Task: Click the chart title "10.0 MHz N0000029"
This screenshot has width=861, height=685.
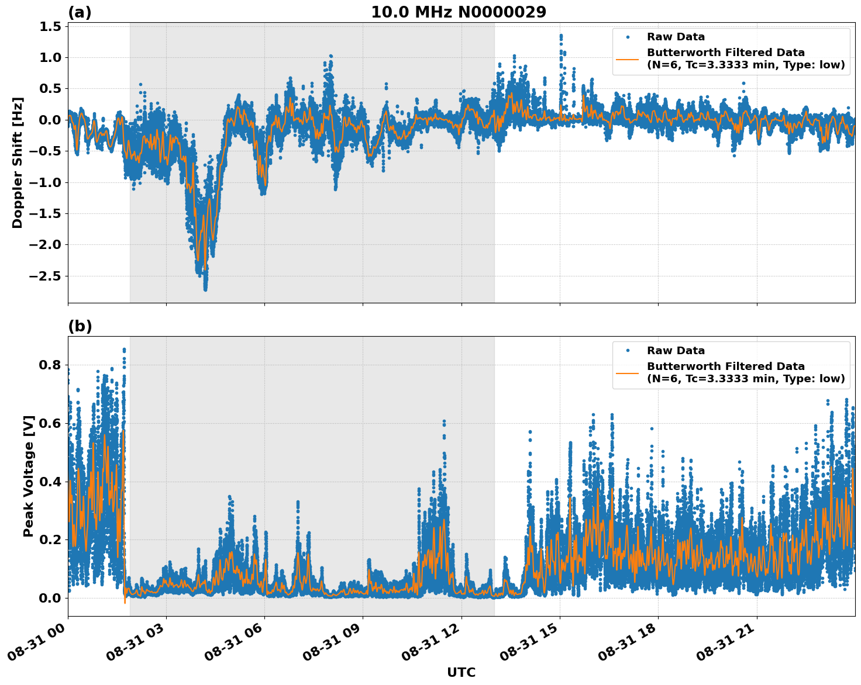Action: [x=458, y=12]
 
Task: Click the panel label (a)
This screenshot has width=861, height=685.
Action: [x=80, y=12]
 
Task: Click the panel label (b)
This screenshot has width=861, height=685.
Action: [x=80, y=326]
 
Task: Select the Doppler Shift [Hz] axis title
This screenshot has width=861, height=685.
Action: [x=18, y=162]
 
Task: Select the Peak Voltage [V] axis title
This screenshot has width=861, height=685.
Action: [x=29, y=476]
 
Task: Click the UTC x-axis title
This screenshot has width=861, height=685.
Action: [x=461, y=672]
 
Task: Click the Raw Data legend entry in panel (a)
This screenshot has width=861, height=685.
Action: [x=676, y=37]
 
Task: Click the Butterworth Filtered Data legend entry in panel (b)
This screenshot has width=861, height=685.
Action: [x=745, y=372]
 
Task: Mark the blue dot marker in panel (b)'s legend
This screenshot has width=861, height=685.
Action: [x=628, y=351]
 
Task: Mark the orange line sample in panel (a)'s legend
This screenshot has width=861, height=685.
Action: [x=628, y=59]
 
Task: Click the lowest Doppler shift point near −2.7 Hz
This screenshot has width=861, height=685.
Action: [x=205, y=289]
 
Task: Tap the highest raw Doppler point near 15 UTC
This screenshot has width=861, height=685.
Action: [x=560, y=35]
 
